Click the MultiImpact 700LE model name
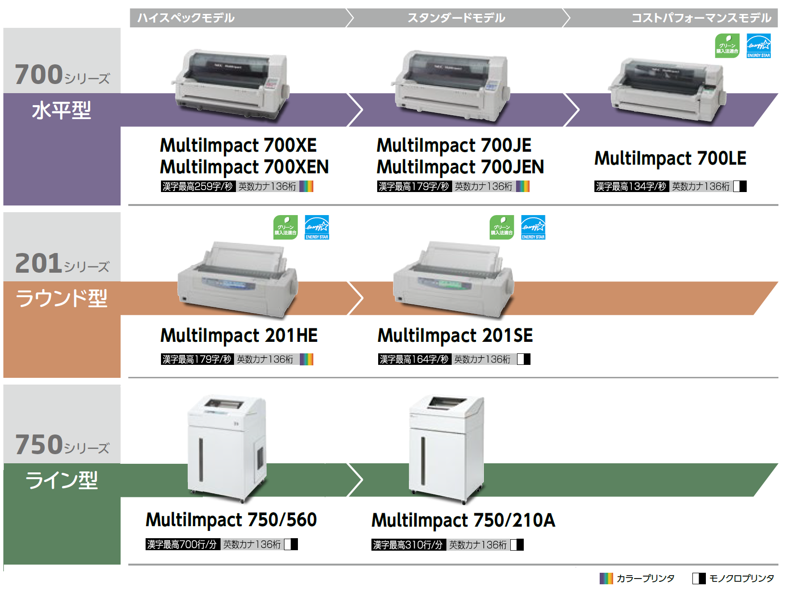pos(670,158)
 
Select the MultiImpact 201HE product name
pos(239,336)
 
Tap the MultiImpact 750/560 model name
pos(231,520)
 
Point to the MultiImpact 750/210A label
pos(463,520)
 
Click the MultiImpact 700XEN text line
pos(244,167)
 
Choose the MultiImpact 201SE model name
pos(455,336)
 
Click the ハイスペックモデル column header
pos(186,18)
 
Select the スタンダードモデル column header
pos(456,18)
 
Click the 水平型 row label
pos(62,110)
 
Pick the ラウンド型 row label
pos(62,298)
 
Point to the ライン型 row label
pos(62,480)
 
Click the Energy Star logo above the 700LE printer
pos(758,46)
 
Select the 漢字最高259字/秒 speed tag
pos(197,186)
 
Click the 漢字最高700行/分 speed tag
pos(182,544)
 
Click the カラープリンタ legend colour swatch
pos(606,578)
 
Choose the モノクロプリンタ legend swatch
pos(699,578)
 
